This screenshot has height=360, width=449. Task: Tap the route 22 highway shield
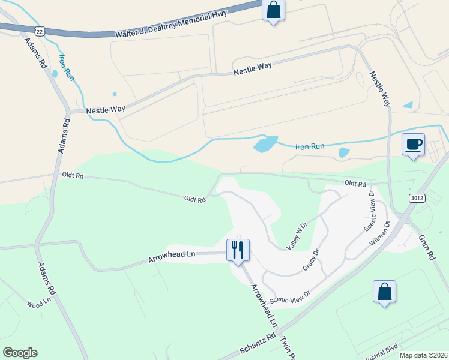40,31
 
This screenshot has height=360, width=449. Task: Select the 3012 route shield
417,197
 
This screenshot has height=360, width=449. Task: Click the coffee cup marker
413,145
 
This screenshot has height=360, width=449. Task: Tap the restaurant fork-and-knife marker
238,249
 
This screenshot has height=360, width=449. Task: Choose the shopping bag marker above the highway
273,10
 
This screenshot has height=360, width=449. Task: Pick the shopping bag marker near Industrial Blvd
384,292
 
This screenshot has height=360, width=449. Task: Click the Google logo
20,353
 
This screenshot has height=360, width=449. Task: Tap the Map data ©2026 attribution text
423,355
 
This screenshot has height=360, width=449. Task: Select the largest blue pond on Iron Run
265,143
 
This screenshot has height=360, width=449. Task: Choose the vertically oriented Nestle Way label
380,89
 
